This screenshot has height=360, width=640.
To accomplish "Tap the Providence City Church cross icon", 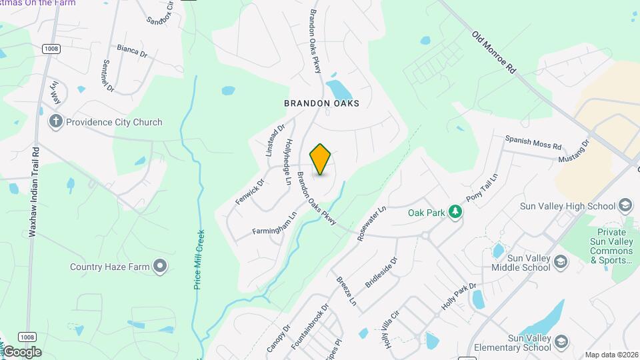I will pos(56,122).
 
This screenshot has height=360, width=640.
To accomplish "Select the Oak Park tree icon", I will pos(455,211).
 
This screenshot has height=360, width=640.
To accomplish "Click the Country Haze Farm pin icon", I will pos(160,267).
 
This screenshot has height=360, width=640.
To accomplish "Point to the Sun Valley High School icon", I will pos(625,205).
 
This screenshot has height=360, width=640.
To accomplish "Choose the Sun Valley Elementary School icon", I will pos(561,343).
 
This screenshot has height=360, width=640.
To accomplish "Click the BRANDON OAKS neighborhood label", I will pos(321,103).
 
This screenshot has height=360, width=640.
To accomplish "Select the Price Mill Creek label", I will pos(199,259).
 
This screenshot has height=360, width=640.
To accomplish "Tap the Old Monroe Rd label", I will pos(493,52).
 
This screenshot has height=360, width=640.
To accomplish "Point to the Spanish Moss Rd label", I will pos(533,143).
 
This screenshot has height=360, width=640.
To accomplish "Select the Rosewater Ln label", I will pos(371,223).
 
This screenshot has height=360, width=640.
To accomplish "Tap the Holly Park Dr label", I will pos(459,297).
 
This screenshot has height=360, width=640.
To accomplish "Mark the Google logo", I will pos(22,352).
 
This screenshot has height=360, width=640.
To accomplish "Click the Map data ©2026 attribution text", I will pos(611,355).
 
